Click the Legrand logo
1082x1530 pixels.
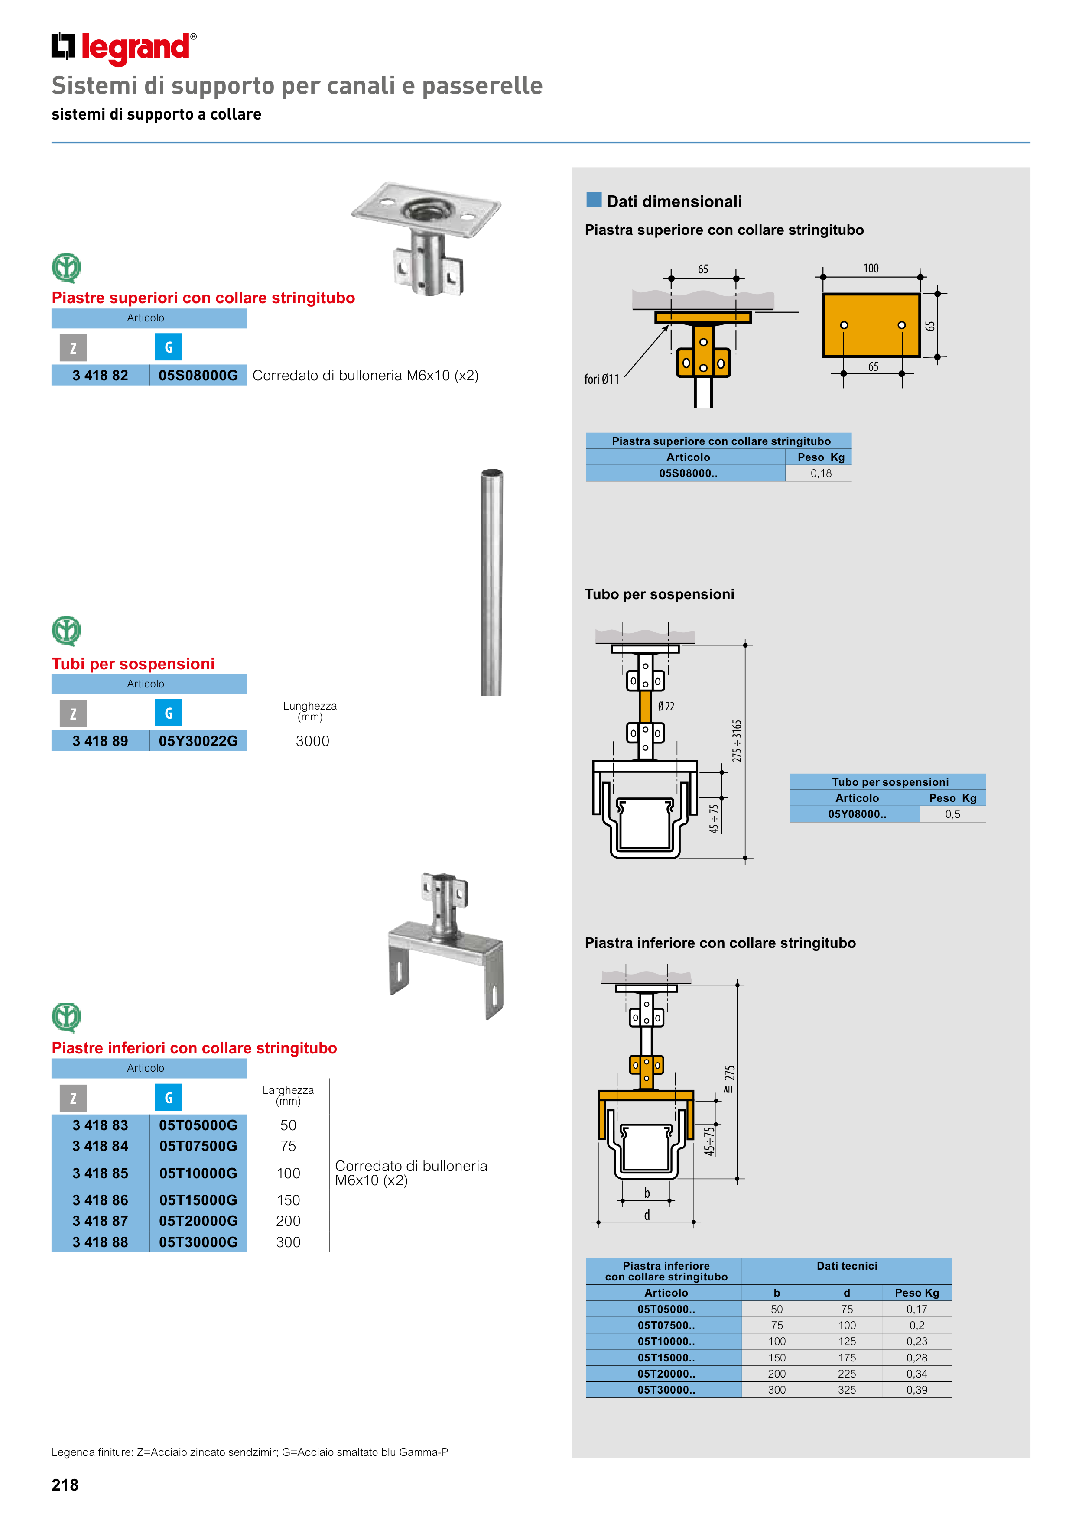[124, 48]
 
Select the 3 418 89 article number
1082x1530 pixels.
[100, 741]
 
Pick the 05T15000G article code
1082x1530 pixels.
[198, 1200]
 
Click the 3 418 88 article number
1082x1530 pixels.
[100, 1242]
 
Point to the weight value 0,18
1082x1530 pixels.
[821, 473]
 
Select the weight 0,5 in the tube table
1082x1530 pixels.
[952, 814]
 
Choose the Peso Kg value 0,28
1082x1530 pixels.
[916, 1358]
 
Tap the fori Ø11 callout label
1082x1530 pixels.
[601, 379]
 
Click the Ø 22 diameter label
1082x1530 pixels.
[666, 707]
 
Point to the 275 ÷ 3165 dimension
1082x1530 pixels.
[737, 740]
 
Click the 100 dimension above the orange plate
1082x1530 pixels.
[871, 269]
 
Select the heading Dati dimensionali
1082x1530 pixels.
[673, 201]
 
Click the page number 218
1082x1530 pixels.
[65, 1485]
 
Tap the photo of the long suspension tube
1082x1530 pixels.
[491, 583]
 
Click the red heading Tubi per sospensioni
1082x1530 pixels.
[133, 664]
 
